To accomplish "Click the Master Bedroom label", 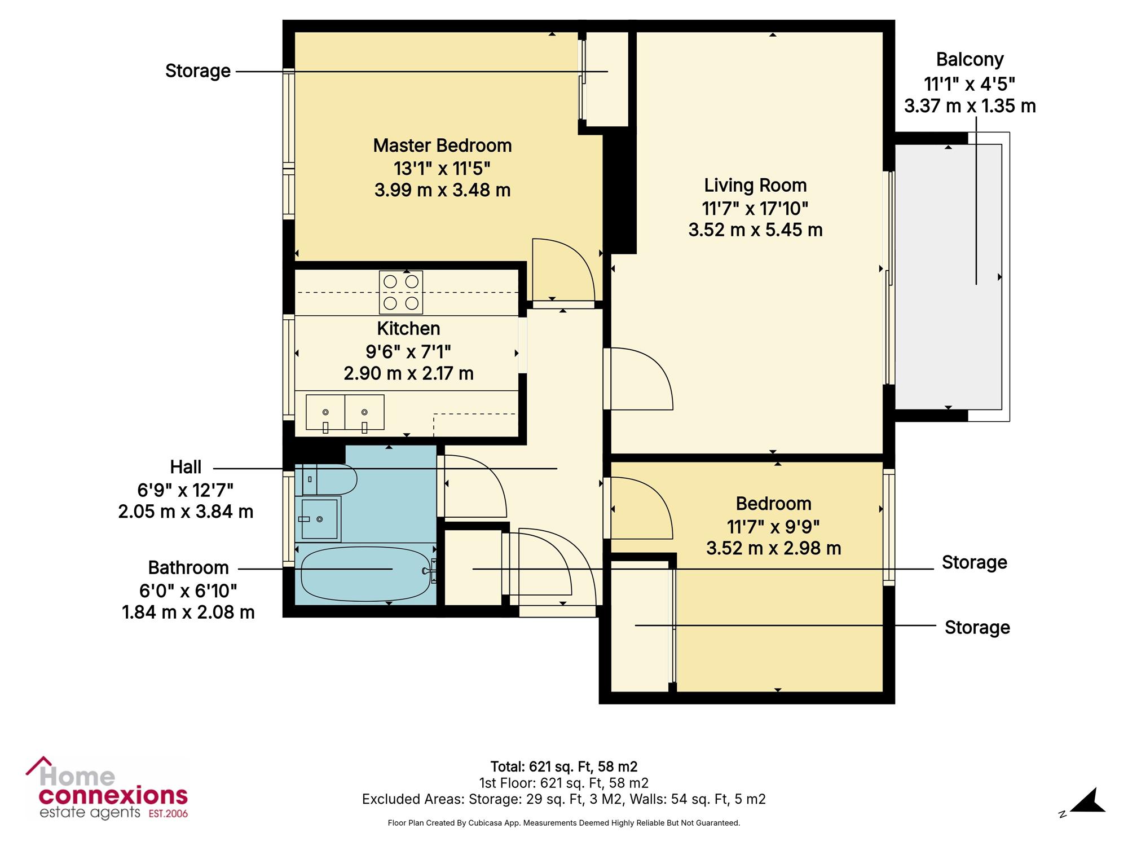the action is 442,146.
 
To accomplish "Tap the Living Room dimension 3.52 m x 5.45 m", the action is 755,230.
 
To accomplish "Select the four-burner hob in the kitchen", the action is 401,293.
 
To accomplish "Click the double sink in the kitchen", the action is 345,412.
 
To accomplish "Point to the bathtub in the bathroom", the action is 365,574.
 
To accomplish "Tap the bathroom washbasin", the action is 319,519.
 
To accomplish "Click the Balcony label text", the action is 970,59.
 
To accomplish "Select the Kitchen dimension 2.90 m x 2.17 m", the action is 408,373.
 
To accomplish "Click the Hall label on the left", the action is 186,467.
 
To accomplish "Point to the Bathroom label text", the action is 188,567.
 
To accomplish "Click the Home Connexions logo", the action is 107,788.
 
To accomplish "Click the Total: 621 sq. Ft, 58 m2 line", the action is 564,766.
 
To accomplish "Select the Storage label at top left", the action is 198,71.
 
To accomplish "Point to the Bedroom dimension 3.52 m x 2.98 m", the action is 774,548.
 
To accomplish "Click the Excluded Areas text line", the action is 564,799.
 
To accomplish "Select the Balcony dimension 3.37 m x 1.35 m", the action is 970,106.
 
